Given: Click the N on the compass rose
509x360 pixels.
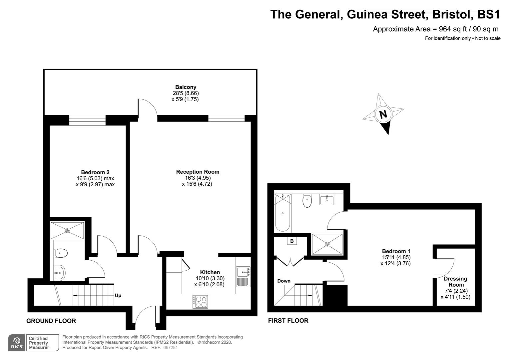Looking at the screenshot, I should point(383,114).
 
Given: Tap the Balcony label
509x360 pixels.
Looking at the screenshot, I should point(186,87).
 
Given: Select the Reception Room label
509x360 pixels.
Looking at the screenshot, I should point(198,172).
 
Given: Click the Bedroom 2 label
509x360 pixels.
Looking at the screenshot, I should point(95,172).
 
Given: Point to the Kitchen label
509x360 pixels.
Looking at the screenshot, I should point(210,272).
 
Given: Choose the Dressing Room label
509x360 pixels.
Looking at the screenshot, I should point(456,282).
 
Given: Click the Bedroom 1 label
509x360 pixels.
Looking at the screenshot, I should point(396,251).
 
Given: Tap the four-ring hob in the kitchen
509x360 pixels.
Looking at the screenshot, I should point(200,302).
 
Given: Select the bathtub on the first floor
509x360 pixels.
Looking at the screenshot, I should point(282,213).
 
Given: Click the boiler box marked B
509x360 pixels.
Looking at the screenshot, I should point(292,241).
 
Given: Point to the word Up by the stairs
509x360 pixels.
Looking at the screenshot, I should point(118,295).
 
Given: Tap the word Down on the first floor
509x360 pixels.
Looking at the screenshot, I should point(284,281).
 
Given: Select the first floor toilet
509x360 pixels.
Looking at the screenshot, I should point(307,201).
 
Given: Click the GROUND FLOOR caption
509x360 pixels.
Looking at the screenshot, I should point(51,321).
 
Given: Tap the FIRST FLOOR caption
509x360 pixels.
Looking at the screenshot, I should point(288,321).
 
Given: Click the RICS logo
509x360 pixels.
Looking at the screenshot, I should point(17,343).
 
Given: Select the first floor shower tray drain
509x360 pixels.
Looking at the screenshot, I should point(327,244).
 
